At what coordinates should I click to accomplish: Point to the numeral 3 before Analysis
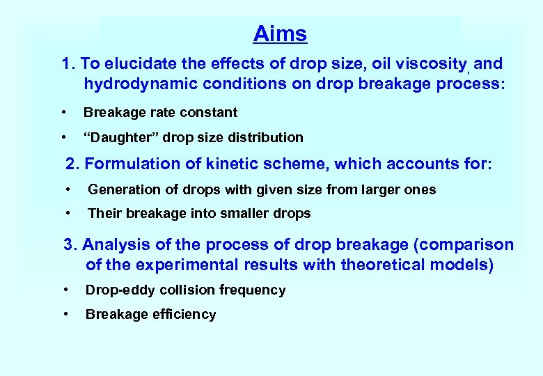(68, 245)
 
